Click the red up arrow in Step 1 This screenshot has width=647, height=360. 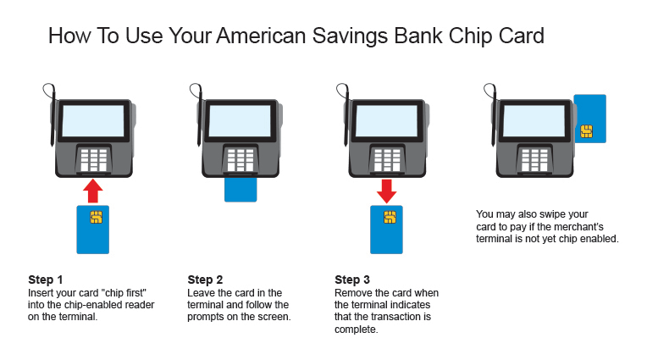click(x=93, y=191)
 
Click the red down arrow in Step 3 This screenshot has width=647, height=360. click(x=387, y=191)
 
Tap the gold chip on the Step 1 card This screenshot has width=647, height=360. click(x=97, y=217)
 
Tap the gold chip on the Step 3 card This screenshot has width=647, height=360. click(x=390, y=217)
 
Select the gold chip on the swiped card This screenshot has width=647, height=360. click(x=586, y=131)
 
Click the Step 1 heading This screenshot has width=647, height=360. click(x=46, y=280)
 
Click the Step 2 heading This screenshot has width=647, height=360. click(x=205, y=280)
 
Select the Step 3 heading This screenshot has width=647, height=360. click(x=352, y=280)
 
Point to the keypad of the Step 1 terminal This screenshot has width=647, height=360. click(x=94, y=160)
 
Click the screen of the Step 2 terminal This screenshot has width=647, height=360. click(x=240, y=120)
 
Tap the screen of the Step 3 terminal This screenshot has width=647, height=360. click(x=387, y=120)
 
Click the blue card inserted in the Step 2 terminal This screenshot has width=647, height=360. click(x=241, y=190)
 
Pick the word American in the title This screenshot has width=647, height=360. click(x=261, y=36)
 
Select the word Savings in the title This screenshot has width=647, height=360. click(x=350, y=36)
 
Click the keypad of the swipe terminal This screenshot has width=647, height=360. click(x=534, y=160)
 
